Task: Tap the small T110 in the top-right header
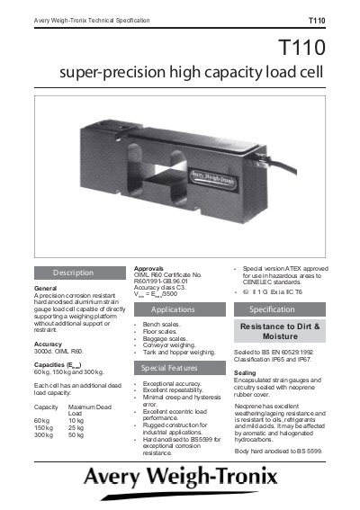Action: pyautogui.click(x=317, y=19)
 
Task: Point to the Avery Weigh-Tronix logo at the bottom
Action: pyautogui.click(x=180, y=476)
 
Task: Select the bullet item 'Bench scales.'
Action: pyautogui.click(x=161, y=321)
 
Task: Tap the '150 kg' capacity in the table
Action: pyautogui.click(x=42, y=427)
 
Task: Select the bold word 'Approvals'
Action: pyautogui.click(x=148, y=268)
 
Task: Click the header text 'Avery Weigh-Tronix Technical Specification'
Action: pyautogui.click(x=93, y=19)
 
